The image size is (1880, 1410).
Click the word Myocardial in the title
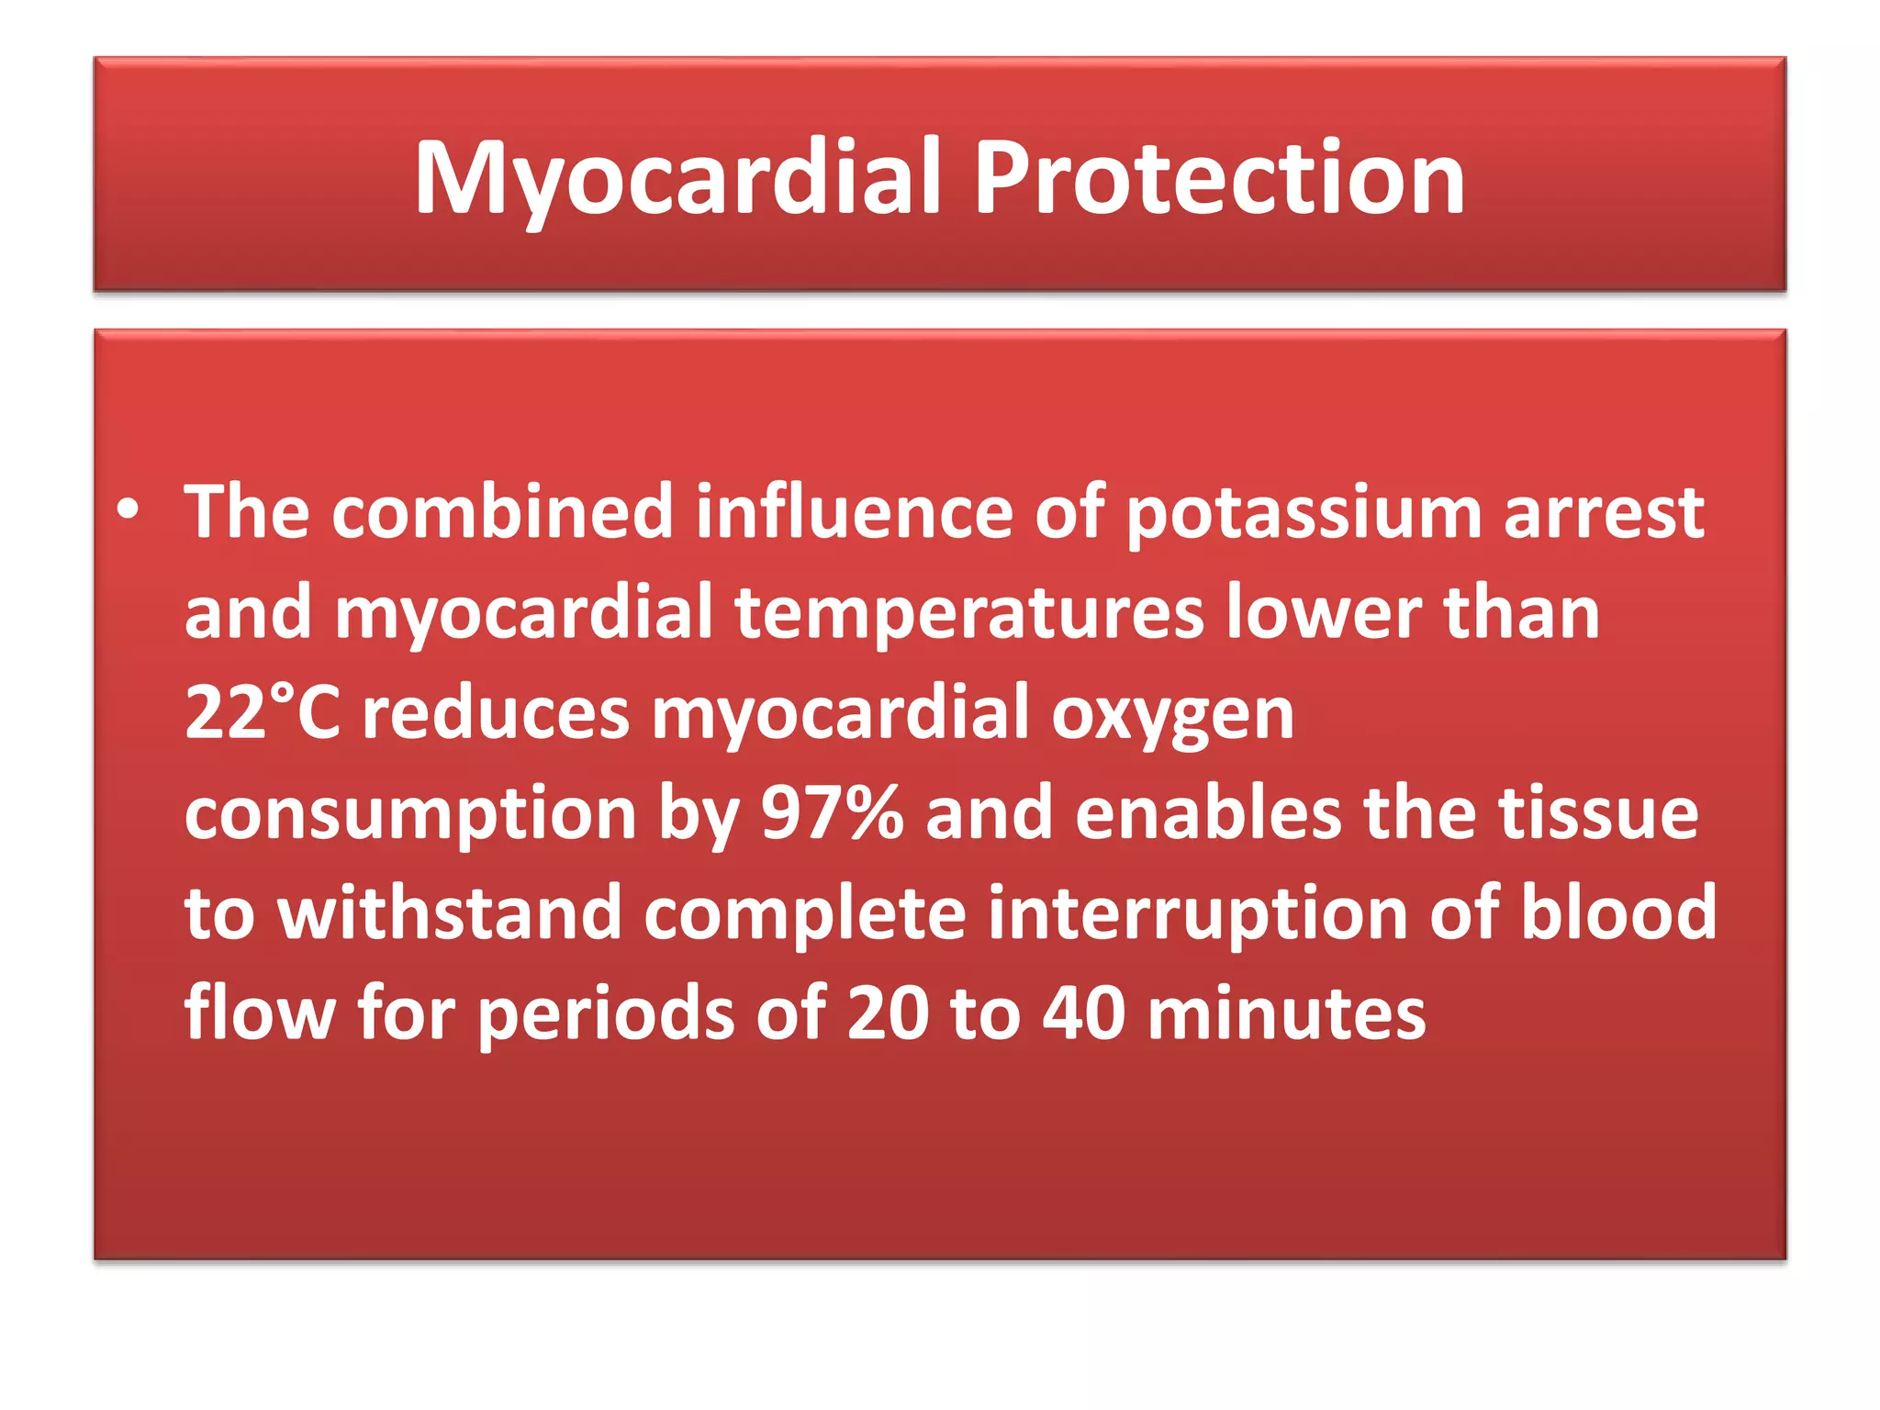(x=677, y=179)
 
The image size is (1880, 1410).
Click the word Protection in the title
(x=1218, y=179)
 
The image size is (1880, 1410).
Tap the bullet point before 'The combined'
(x=129, y=510)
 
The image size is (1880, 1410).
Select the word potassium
(x=1304, y=514)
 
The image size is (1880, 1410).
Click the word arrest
(x=1604, y=514)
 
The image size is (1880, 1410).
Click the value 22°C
(x=263, y=713)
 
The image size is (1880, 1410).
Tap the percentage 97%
(x=832, y=813)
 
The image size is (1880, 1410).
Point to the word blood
(x=1618, y=913)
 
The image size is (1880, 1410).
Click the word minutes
(x=1287, y=1013)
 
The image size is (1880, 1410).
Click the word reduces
(x=496, y=715)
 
